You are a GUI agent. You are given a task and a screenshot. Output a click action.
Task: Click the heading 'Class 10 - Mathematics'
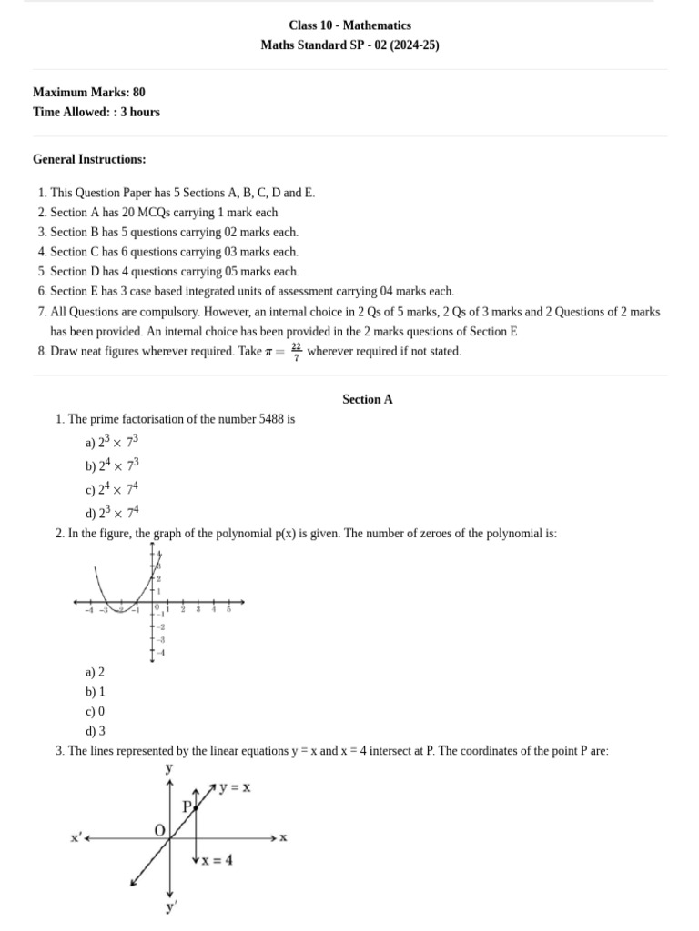tap(349, 25)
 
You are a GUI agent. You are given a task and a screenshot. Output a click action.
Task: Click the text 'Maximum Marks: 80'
tap(88, 92)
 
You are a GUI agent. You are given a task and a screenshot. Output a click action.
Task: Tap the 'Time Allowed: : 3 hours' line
tap(96, 112)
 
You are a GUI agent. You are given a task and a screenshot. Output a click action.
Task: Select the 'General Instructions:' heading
tap(89, 159)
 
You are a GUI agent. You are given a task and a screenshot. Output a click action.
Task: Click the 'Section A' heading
tap(368, 399)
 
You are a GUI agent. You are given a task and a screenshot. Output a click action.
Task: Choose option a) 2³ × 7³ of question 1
tap(112, 443)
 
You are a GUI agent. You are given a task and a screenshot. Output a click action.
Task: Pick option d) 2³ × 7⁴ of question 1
tap(112, 512)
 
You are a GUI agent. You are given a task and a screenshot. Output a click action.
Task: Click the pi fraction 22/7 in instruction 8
tap(297, 351)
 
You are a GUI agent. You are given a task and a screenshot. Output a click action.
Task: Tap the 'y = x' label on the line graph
tap(235, 787)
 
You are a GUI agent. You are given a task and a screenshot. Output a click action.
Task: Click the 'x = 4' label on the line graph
tap(217, 860)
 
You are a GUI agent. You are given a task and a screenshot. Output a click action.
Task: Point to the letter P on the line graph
tap(187, 806)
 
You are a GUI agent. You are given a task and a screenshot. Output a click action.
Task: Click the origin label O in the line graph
tap(159, 830)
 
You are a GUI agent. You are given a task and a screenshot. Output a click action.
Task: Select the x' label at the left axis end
tap(76, 837)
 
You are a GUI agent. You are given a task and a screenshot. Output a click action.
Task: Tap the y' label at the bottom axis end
tap(170, 907)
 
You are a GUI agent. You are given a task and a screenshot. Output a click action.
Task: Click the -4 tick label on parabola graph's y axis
tap(161, 653)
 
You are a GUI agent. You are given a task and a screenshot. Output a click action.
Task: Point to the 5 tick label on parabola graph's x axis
tap(228, 609)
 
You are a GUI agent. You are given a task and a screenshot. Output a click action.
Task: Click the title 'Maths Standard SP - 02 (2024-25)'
tap(349, 45)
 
